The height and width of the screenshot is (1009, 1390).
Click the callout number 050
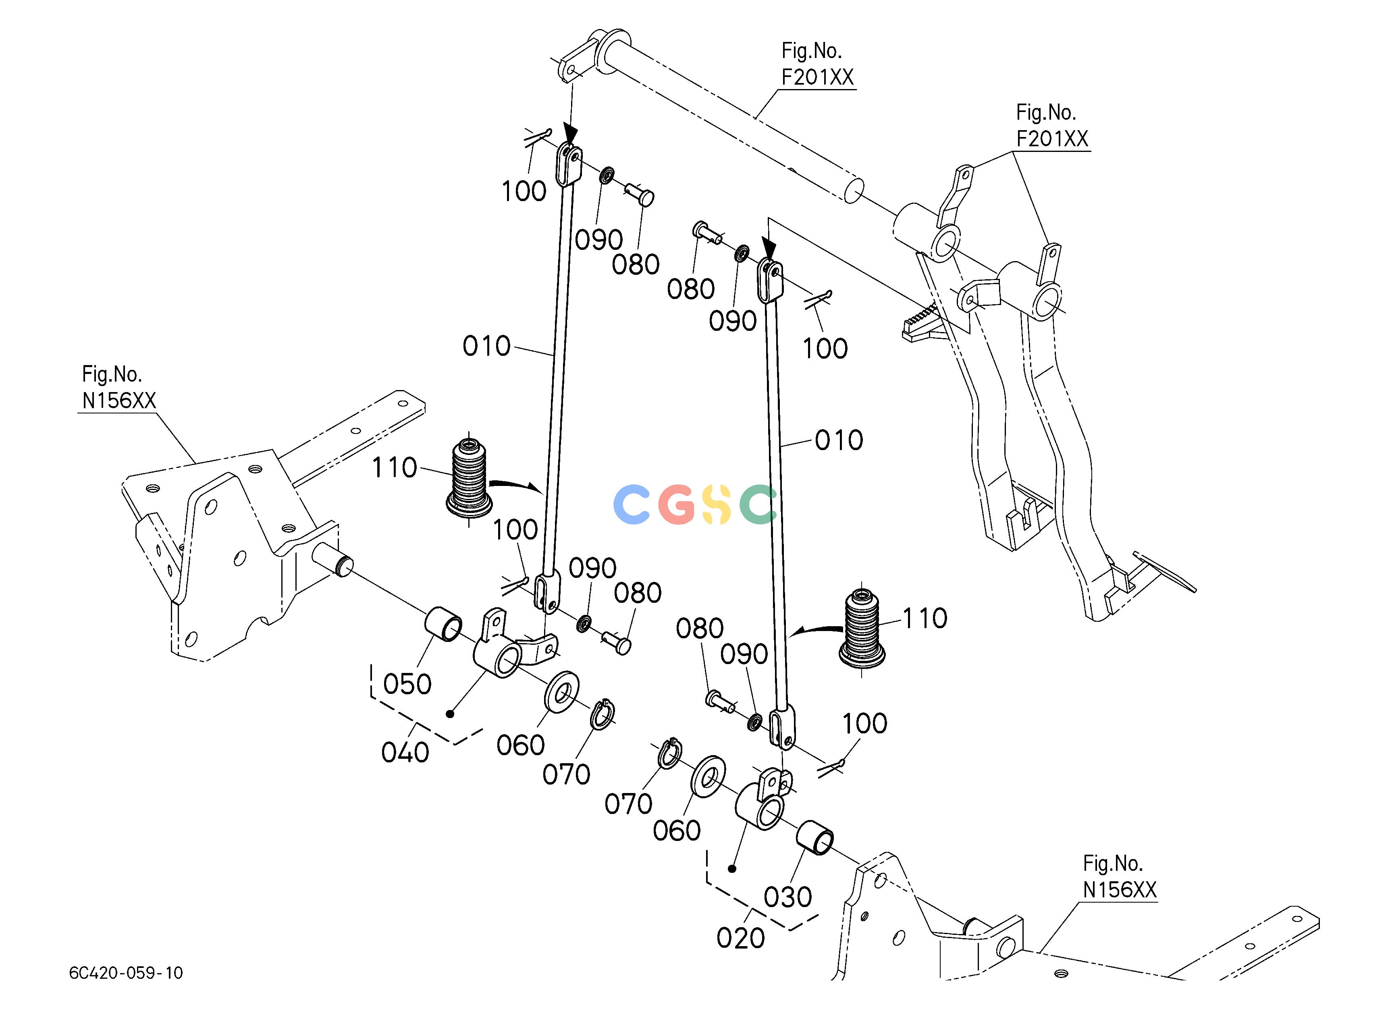click(x=407, y=684)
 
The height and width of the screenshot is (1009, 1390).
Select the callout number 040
click(x=405, y=752)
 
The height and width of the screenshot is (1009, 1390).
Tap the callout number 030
click(x=787, y=897)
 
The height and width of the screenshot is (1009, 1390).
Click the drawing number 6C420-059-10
click(x=126, y=973)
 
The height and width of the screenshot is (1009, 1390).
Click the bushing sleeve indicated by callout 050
click(x=443, y=624)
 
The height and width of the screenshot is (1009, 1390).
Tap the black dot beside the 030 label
click(x=732, y=869)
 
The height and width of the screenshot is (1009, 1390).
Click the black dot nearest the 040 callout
click(x=451, y=714)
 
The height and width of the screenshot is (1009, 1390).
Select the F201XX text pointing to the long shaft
click(x=818, y=77)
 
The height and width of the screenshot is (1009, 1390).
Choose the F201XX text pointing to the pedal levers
click(x=1052, y=139)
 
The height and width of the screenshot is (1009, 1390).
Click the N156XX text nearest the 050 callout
click(x=119, y=401)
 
